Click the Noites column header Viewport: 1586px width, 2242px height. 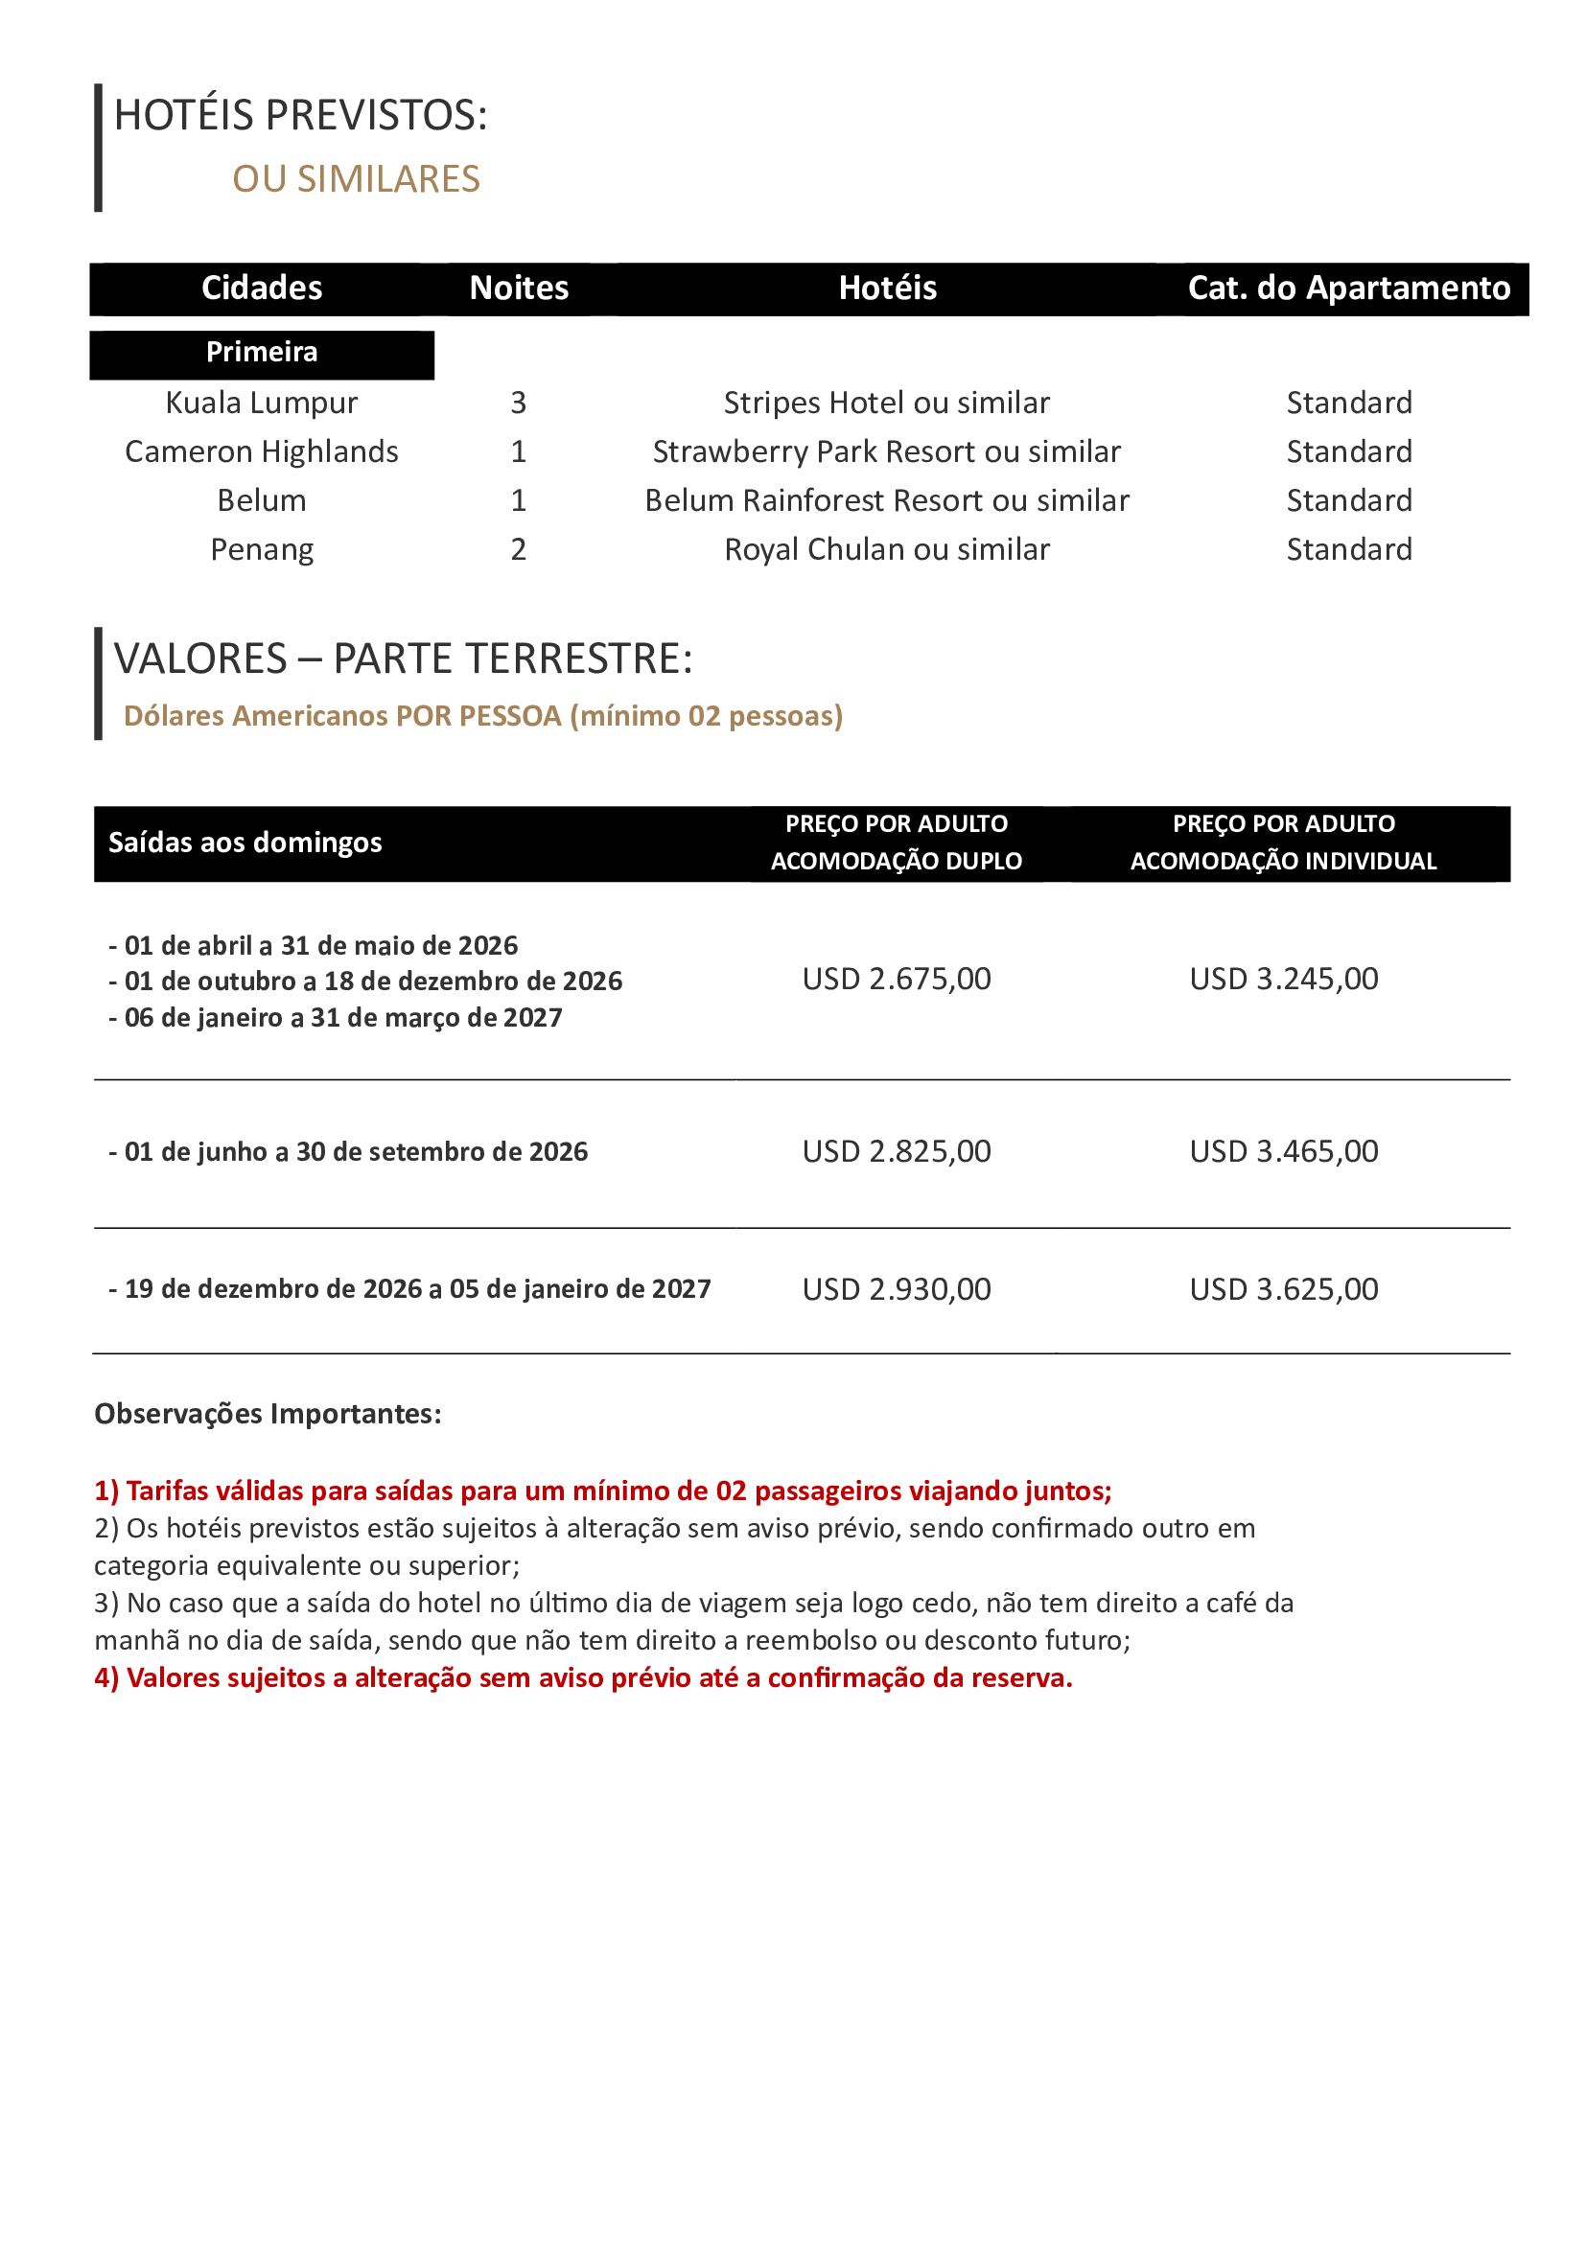519,289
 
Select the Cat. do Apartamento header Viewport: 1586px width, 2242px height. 1349,289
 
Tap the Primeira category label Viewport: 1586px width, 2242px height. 262,353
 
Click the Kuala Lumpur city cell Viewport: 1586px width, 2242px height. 262,404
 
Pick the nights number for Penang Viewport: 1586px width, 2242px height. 519,550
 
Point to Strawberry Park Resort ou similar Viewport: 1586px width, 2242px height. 887,452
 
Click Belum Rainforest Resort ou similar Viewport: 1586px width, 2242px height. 887,501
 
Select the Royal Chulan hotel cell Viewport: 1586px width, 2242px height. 887,550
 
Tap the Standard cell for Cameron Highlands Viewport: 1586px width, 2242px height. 1349,452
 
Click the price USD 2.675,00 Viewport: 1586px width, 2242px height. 897,980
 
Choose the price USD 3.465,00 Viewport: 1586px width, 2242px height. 1283,1152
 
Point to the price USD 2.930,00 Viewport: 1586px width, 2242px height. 897,1290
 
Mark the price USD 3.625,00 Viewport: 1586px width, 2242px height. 1283,1290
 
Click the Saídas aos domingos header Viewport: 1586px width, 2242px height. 245,843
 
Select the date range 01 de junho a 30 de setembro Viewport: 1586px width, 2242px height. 356,1152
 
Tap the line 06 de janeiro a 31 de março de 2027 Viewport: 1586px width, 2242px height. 342,1019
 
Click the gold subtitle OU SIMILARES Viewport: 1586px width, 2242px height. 357,179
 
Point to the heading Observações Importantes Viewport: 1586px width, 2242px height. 268,1414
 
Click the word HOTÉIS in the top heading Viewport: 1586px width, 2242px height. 183,115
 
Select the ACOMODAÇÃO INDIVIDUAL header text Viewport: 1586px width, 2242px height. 1283,862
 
